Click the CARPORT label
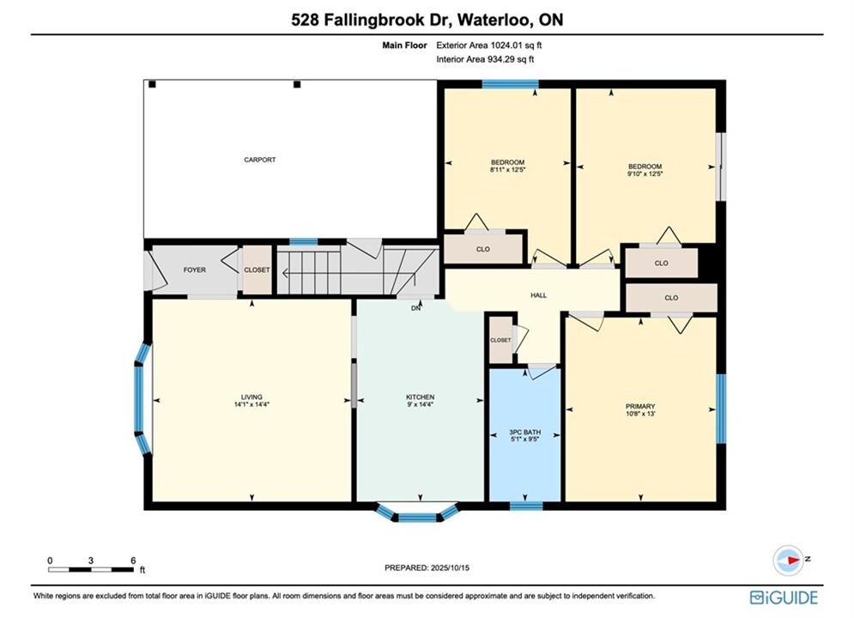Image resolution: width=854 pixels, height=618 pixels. coord(260,160)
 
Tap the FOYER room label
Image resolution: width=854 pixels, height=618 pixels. coord(195,270)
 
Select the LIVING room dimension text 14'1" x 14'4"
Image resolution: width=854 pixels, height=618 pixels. coord(251,404)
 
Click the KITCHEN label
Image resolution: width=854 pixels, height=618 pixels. coord(420,397)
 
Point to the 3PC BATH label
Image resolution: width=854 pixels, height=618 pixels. coord(525,432)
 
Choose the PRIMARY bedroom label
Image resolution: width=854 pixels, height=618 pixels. coord(640,406)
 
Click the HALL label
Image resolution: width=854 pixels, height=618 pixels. coord(539,295)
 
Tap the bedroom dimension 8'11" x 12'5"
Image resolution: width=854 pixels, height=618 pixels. coord(507,170)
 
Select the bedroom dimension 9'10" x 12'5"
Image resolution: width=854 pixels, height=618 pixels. coord(645,174)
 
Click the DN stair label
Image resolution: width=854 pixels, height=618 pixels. coord(416,308)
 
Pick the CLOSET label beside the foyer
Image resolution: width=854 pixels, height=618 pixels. coord(257,270)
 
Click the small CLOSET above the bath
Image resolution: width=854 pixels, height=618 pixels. coord(500,340)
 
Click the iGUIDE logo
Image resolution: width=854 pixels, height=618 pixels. coord(784,597)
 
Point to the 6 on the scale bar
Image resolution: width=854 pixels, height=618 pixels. coord(133,560)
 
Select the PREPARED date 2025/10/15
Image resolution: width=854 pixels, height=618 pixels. coord(450,567)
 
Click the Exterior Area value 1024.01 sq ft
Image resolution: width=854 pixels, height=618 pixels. coord(517,45)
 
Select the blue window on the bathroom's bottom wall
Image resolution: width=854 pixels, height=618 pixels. coord(526,506)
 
